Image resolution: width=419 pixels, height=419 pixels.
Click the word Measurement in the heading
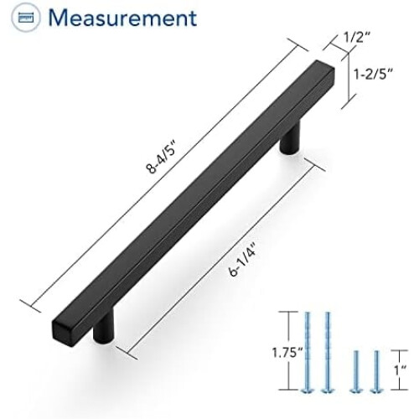(122, 18)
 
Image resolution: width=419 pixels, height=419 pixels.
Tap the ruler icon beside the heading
(26, 18)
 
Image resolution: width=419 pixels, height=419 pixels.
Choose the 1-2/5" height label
(373, 75)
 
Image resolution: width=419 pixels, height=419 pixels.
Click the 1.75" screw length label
(287, 353)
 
